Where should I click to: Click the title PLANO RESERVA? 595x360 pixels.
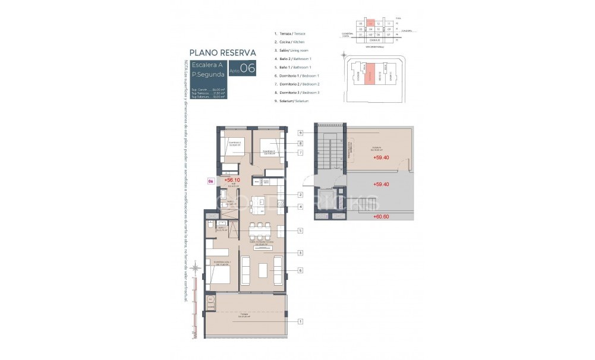point(222,52)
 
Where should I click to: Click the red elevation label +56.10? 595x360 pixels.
point(231,179)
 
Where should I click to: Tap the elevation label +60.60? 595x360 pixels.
point(381,217)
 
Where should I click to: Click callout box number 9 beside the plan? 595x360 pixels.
point(301,132)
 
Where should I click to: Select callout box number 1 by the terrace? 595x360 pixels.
point(301,321)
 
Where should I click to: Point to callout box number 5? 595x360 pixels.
point(301,230)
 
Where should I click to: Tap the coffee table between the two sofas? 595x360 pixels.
point(263,270)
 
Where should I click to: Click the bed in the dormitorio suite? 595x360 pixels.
point(219,275)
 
